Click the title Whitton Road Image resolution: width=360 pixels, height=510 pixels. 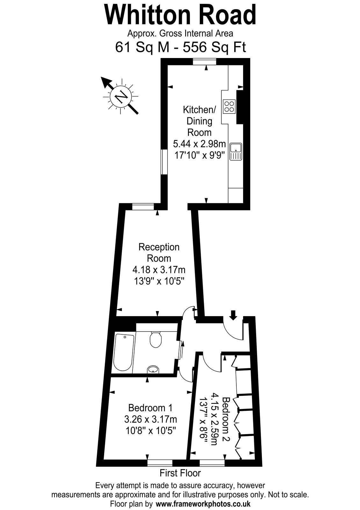[180, 15]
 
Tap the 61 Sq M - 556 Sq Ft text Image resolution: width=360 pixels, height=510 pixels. [180, 47]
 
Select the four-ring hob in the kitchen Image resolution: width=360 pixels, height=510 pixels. [229, 106]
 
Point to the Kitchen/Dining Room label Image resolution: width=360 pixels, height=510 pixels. [199, 121]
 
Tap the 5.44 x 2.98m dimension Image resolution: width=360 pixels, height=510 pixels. [199, 144]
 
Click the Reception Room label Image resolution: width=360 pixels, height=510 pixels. [159, 253]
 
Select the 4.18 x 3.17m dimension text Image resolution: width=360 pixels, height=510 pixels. [159, 270]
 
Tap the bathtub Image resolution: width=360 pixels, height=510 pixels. [124, 353]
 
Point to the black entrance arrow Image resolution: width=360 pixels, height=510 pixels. [233, 315]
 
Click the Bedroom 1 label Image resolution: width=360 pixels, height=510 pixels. [150, 408]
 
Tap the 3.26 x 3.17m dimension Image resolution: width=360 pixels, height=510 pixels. [150, 419]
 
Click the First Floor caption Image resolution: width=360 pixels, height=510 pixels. [180, 473]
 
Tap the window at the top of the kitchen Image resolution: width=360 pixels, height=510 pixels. [204, 62]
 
